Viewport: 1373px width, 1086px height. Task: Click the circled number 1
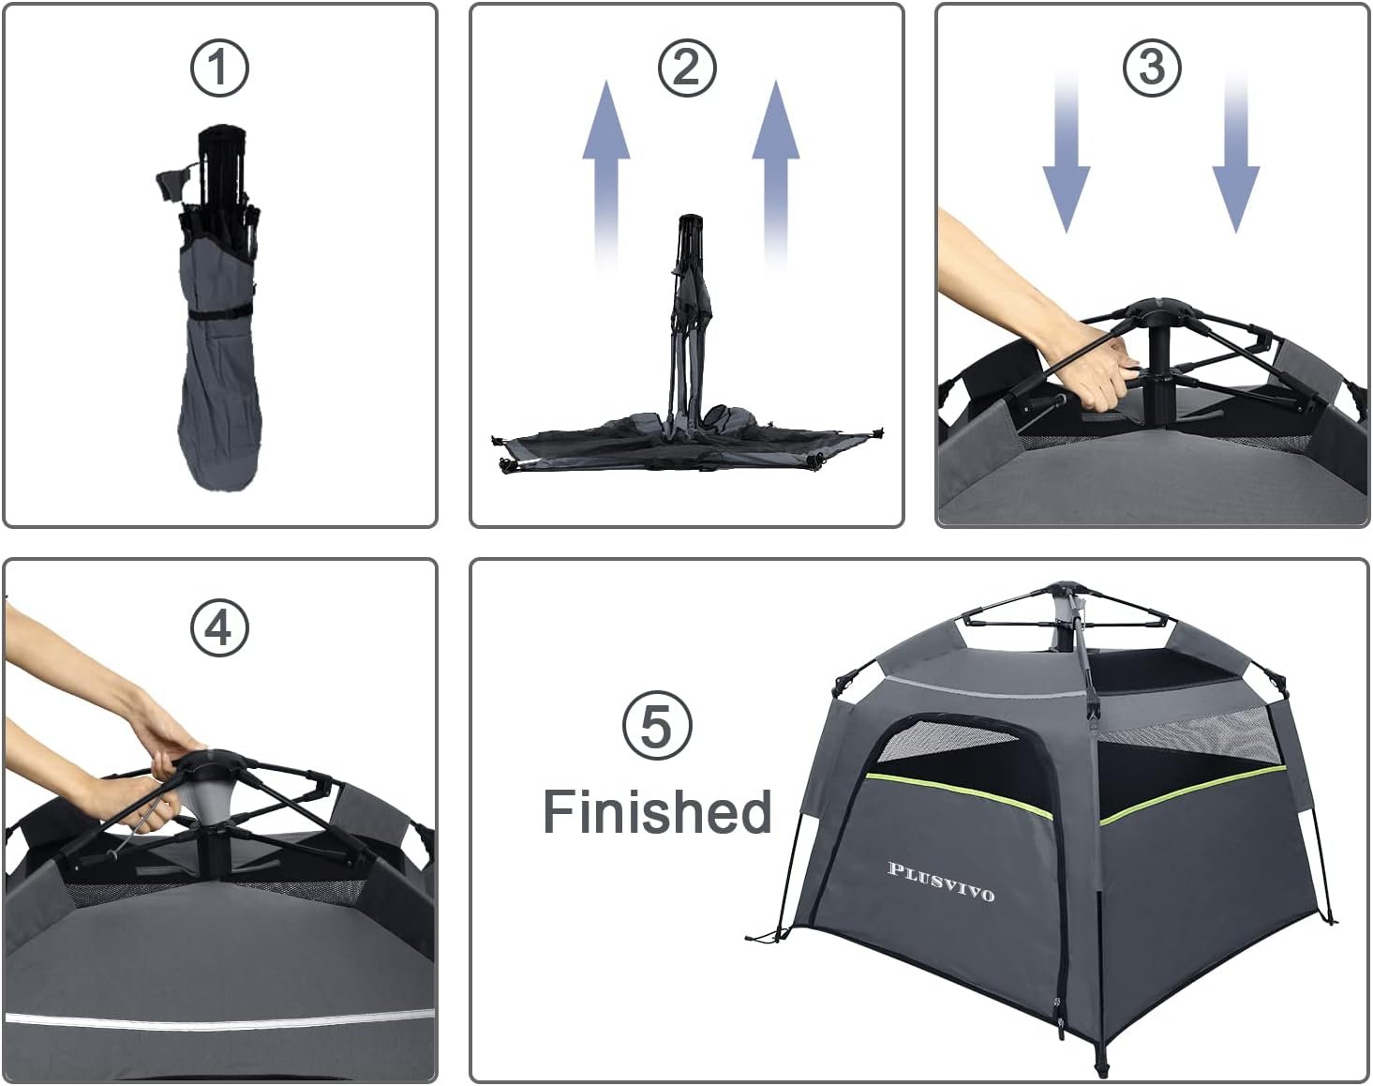219,68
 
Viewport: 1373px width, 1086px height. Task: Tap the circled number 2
687,68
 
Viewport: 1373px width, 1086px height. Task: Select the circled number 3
1152,68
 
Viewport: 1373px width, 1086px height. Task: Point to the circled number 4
219,628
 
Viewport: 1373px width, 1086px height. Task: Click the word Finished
657,811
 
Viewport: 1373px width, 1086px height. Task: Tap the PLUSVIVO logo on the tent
941,882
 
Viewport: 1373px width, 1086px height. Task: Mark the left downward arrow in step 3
1067,153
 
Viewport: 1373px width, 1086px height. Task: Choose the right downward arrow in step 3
1236,153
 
